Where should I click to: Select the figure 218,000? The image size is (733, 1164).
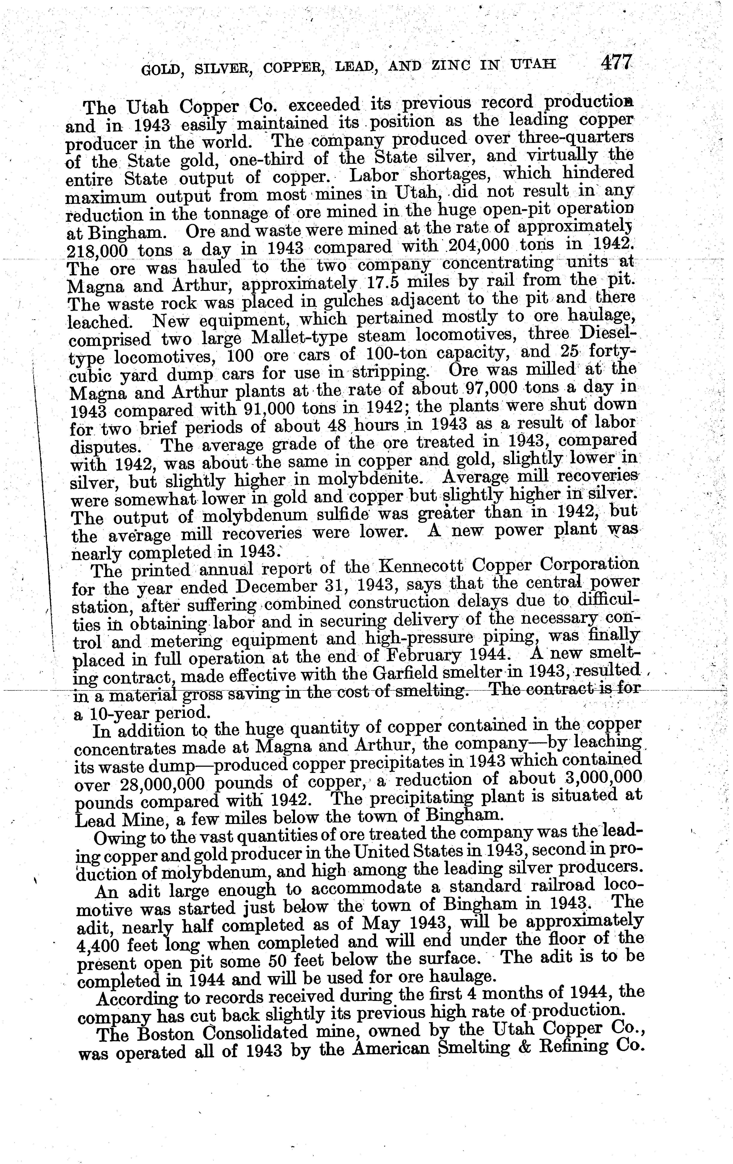coord(96,251)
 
